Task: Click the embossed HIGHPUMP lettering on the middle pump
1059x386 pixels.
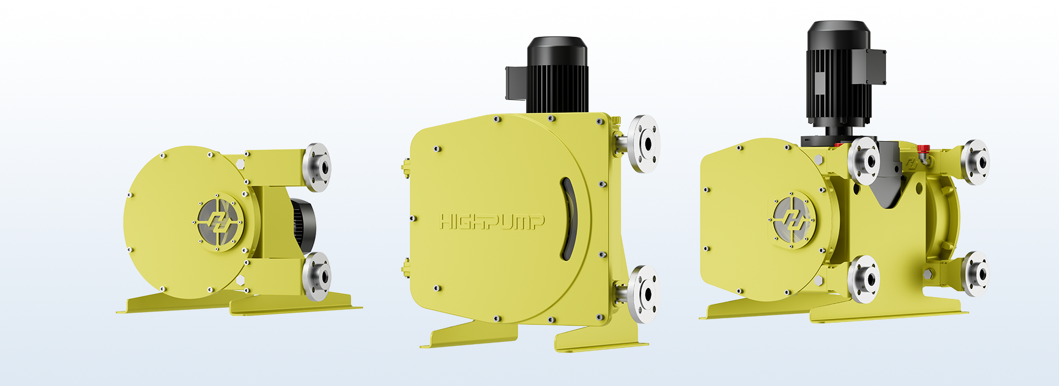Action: [492, 222]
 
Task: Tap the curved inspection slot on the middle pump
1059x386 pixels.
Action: [569, 218]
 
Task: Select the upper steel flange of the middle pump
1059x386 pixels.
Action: [644, 144]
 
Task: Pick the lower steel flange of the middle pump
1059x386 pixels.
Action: [643, 294]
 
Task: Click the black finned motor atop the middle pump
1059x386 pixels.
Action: [557, 75]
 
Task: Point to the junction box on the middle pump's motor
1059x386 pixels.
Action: [516, 83]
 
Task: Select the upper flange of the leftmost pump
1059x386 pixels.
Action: [317, 167]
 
